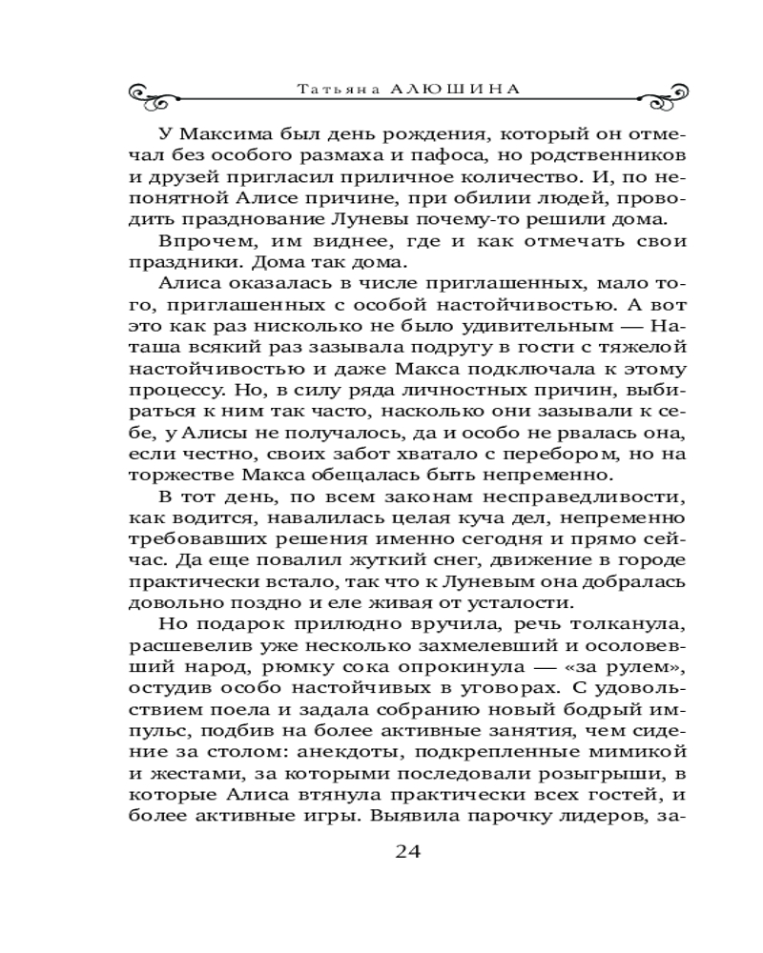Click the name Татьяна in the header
328,88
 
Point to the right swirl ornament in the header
610,92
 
